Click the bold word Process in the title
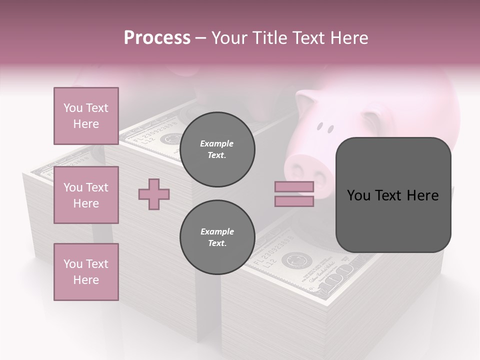tap(157, 37)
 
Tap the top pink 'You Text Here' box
tap(86, 116)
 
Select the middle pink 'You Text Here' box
tap(86, 195)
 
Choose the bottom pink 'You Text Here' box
tap(86, 272)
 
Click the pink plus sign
tap(154, 194)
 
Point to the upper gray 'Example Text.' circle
tap(217, 149)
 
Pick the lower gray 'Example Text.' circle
tap(217, 237)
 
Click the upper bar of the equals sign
tap(294, 186)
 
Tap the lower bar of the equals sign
tap(294, 201)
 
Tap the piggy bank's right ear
tap(372, 120)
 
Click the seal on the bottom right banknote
tap(289, 260)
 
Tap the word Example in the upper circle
tap(217, 143)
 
